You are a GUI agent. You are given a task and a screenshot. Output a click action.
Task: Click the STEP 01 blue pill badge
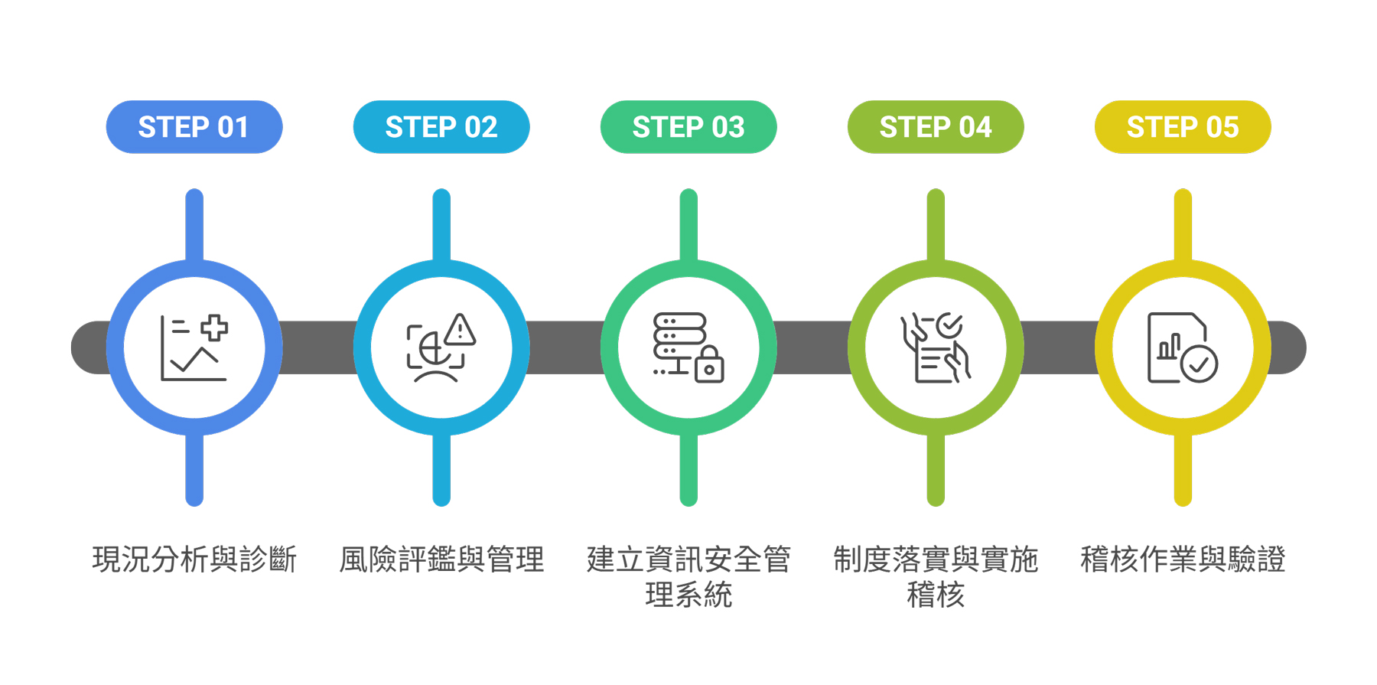(x=194, y=127)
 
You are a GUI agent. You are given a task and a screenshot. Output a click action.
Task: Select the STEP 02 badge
(x=441, y=127)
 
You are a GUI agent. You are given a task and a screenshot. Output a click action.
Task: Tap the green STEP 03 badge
(x=688, y=127)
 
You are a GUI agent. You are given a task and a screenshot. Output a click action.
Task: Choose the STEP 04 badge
(x=936, y=127)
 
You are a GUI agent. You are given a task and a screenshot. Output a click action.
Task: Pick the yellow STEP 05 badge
(x=1183, y=127)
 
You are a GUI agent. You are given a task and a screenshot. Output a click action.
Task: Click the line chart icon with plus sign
(x=194, y=348)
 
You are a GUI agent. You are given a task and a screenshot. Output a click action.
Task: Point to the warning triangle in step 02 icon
(x=461, y=330)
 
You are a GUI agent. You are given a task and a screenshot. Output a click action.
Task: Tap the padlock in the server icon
(x=709, y=366)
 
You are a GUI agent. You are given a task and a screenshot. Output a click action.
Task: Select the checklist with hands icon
(x=936, y=348)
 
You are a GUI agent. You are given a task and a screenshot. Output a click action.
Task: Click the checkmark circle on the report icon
(x=1199, y=364)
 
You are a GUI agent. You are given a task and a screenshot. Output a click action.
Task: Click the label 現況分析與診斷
(x=194, y=559)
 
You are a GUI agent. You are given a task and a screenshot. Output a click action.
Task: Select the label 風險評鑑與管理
(x=441, y=559)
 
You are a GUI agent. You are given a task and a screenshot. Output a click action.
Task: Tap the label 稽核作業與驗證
(x=1183, y=559)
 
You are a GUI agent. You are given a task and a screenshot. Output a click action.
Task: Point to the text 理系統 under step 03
(x=688, y=595)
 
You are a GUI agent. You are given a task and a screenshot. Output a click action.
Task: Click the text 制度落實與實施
(x=936, y=559)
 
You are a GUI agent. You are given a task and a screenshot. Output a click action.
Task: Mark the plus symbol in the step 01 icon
(x=214, y=328)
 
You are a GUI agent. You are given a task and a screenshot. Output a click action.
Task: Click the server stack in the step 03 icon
(x=679, y=335)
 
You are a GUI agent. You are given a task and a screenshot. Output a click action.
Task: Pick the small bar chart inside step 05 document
(x=1169, y=347)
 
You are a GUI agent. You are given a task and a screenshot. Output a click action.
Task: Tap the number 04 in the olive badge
(x=975, y=127)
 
